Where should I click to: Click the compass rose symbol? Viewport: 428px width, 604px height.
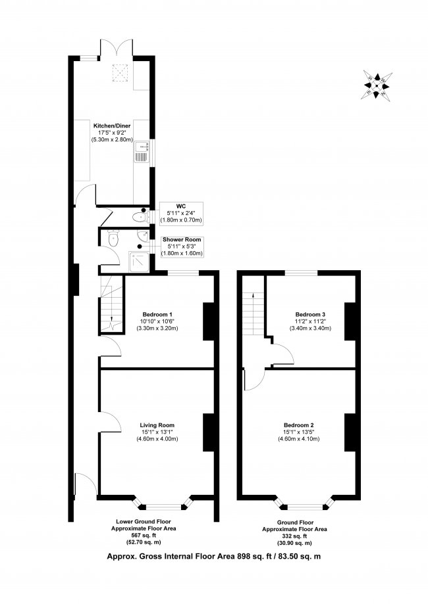tap(377, 85)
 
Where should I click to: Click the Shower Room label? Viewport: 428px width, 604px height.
tap(182, 239)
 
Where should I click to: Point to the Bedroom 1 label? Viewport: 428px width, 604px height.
tap(157, 313)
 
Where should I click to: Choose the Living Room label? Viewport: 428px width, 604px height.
tap(157, 424)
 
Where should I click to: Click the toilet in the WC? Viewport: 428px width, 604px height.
tap(140, 216)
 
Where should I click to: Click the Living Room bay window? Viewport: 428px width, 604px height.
tap(162, 505)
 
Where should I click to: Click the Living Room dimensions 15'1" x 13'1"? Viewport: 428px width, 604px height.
tap(157, 432)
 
